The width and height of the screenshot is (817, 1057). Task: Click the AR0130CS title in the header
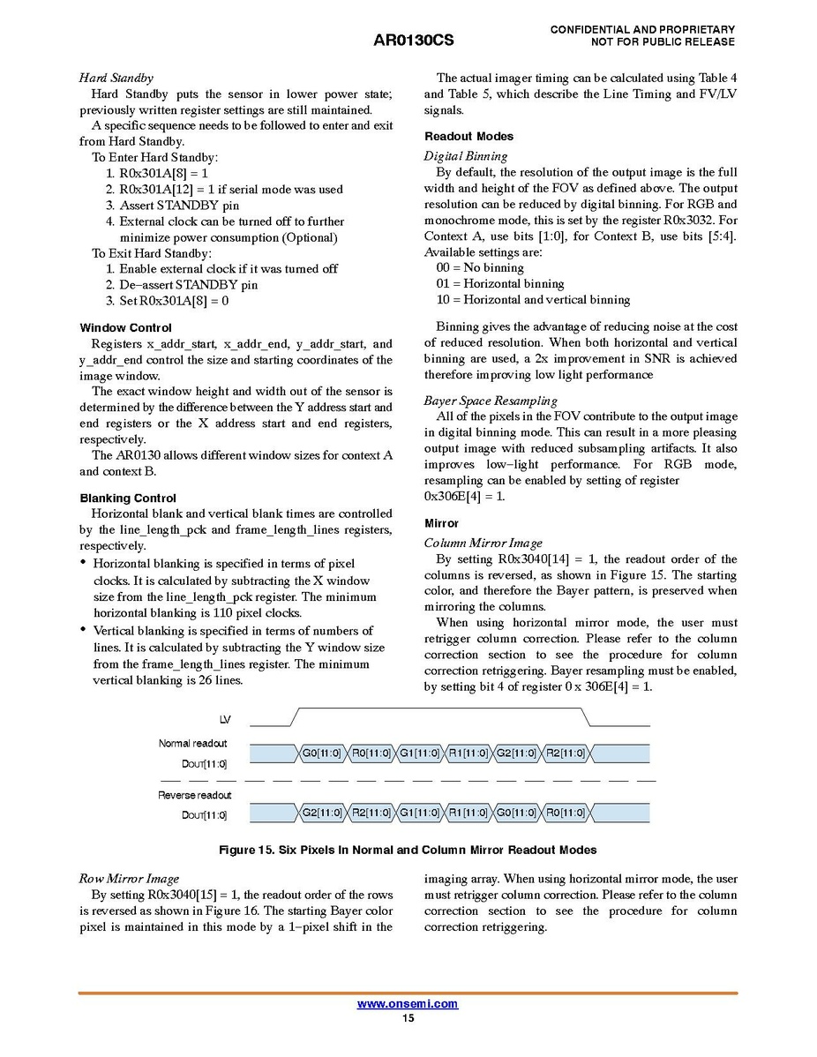click(x=414, y=41)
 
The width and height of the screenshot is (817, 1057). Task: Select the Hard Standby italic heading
click(x=116, y=78)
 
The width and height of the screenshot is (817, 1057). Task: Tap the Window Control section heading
click(x=125, y=328)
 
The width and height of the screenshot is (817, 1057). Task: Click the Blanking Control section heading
click(x=128, y=499)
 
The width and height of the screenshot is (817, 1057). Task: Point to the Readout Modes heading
click(x=468, y=137)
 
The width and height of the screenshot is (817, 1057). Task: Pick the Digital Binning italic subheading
click(x=466, y=156)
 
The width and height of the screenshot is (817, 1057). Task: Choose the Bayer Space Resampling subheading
click(x=491, y=401)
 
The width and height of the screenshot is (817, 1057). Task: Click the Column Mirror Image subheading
click(x=483, y=543)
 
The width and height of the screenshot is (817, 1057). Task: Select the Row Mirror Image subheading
click(x=129, y=879)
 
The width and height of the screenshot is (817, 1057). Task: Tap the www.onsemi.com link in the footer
click(x=408, y=1004)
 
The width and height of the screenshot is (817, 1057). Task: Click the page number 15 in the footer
click(x=408, y=1018)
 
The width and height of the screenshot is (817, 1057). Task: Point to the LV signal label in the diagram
click(x=225, y=721)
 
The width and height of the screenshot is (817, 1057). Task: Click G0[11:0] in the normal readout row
click(x=322, y=753)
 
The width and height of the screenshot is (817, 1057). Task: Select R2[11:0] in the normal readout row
click(x=565, y=753)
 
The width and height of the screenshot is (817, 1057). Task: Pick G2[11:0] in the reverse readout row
click(x=322, y=813)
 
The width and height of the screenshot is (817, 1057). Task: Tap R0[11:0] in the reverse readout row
click(x=565, y=813)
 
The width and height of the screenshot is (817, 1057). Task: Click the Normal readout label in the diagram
click(x=192, y=744)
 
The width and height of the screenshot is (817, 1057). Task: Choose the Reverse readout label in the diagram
click(x=194, y=795)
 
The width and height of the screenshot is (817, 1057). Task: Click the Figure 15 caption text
click(x=408, y=851)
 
